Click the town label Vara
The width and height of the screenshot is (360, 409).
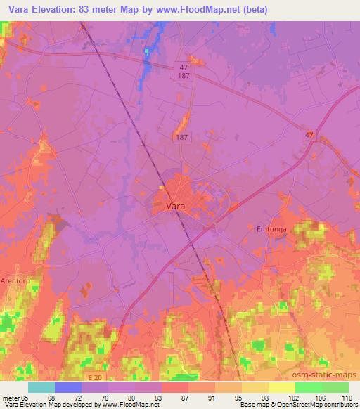click(176, 207)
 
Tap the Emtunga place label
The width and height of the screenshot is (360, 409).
click(271, 229)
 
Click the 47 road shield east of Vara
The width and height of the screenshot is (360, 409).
click(309, 133)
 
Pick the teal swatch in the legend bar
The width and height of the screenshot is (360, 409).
click(41, 387)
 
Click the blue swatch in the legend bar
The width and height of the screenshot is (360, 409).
click(68, 387)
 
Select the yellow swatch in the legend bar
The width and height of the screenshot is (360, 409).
click(281, 387)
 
